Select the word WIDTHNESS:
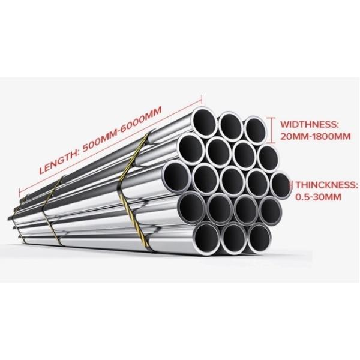(309, 124)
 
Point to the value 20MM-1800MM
(316, 136)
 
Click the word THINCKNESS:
(326, 185)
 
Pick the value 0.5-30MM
(318, 197)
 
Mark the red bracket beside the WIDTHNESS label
(272, 130)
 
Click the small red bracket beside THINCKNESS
(292, 184)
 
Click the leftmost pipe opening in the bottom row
(207, 237)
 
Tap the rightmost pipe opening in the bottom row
(259, 239)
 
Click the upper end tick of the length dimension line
(202, 99)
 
